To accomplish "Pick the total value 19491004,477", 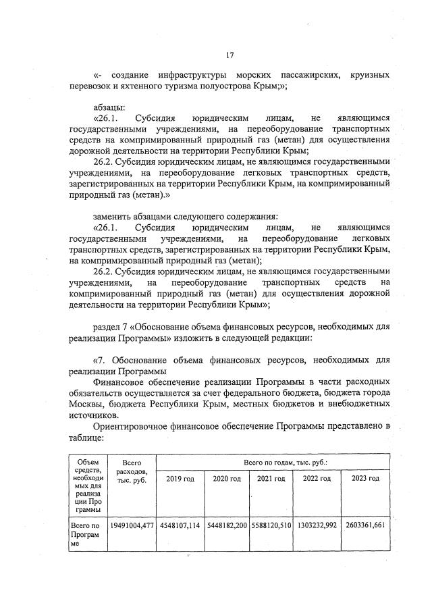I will pos(130,525).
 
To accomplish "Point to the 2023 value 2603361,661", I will pos(365,525).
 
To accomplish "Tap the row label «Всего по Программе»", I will pos(86,537).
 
